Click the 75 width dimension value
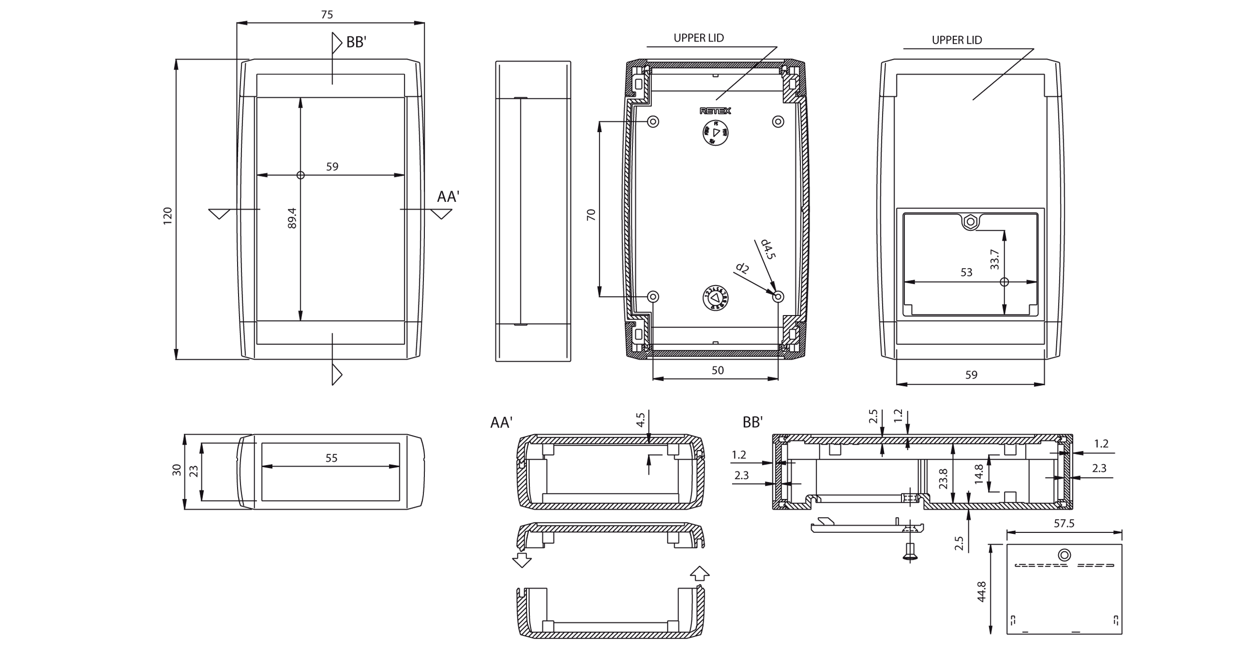click(327, 15)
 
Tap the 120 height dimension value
click(168, 216)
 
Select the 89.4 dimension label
click(292, 218)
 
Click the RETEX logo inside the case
click(715, 111)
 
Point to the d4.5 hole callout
click(768, 249)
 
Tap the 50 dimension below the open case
click(717, 370)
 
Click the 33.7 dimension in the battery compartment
click(994, 259)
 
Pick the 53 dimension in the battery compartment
click(966, 272)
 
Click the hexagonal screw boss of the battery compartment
click(971, 222)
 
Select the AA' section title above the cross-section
click(502, 422)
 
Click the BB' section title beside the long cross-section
click(752, 422)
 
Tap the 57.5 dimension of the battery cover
click(1064, 523)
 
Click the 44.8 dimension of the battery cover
click(981, 591)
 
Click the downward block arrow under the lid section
click(522, 560)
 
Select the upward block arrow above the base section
click(700, 573)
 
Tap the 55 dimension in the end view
click(331, 458)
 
